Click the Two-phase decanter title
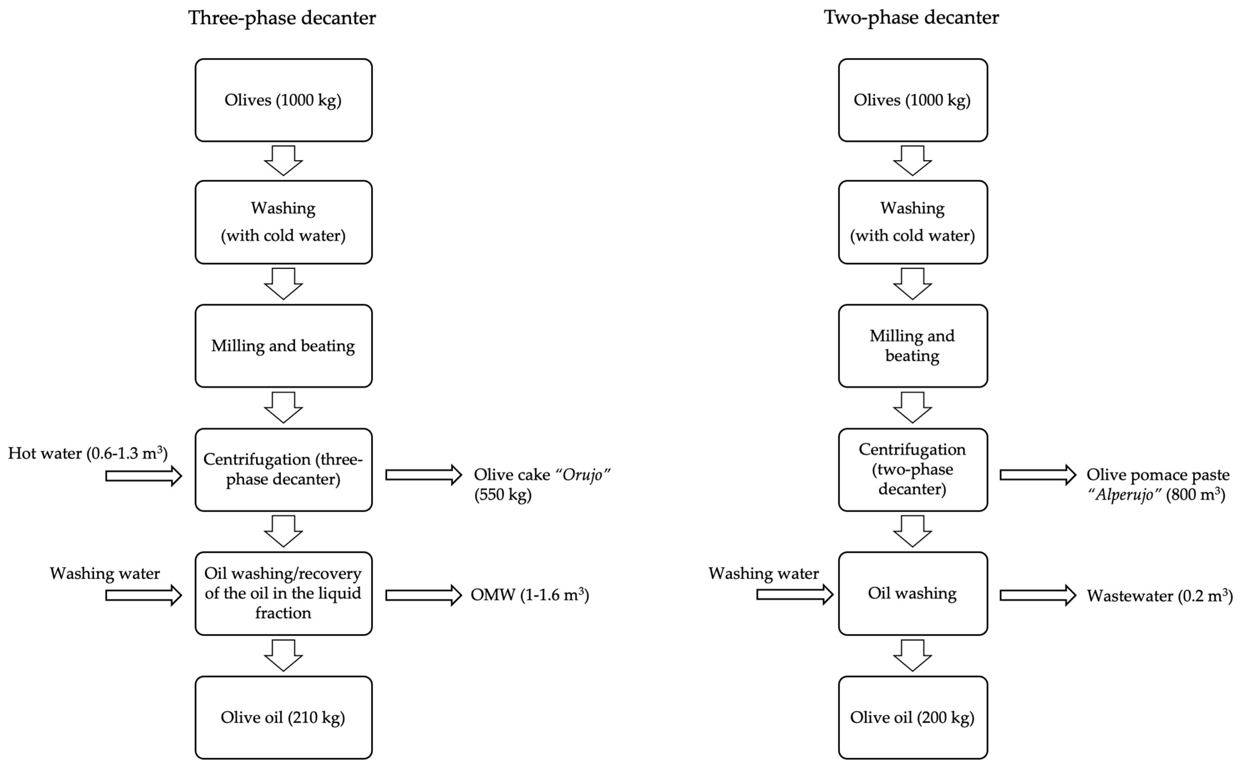coord(911,18)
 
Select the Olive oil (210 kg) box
coord(284,717)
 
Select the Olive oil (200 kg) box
coord(913,717)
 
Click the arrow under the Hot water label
coord(143,476)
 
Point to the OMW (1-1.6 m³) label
coord(529,595)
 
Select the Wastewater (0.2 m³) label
coord(1160,595)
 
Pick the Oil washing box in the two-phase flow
coord(913,593)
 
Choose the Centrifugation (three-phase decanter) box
coord(284,469)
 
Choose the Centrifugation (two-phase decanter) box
coord(913,469)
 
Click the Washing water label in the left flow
coord(105,573)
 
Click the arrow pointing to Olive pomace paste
coord(1037,475)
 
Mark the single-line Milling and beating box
coord(284,346)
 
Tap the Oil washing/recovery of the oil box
coord(284,593)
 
